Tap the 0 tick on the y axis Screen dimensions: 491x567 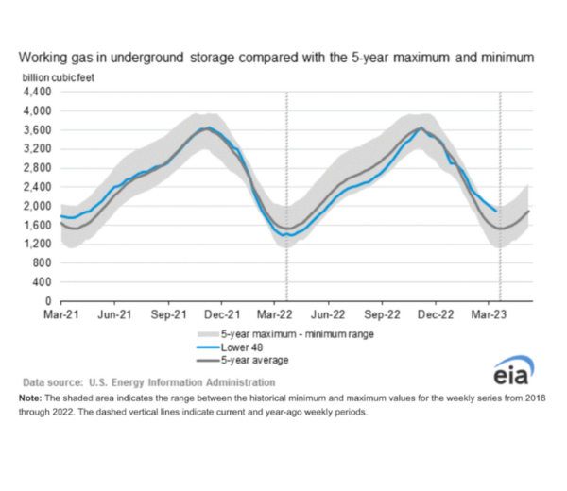(48, 300)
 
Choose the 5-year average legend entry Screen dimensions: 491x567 (254, 360)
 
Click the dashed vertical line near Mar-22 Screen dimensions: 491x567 (287, 189)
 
